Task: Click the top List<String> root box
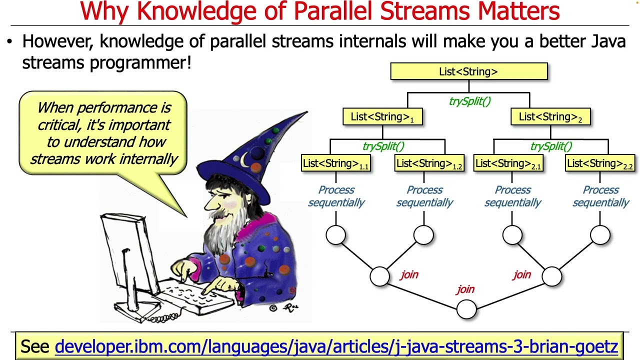click(x=468, y=71)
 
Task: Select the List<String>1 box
click(x=382, y=117)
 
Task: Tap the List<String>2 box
click(x=550, y=117)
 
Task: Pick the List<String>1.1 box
click(x=335, y=163)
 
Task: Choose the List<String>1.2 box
click(x=429, y=163)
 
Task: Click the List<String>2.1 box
click(x=508, y=163)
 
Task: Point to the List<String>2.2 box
click(x=600, y=163)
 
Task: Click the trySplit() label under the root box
click(x=469, y=101)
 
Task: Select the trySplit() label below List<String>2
click(x=550, y=146)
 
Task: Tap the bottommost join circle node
click(x=466, y=309)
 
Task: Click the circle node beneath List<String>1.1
click(x=335, y=235)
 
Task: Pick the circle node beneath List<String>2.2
click(x=600, y=235)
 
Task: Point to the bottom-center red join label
click(x=465, y=289)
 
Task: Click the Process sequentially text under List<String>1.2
click(x=424, y=196)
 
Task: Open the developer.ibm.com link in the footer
click(x=336, y=346)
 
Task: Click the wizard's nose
click(x=210, y=202)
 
